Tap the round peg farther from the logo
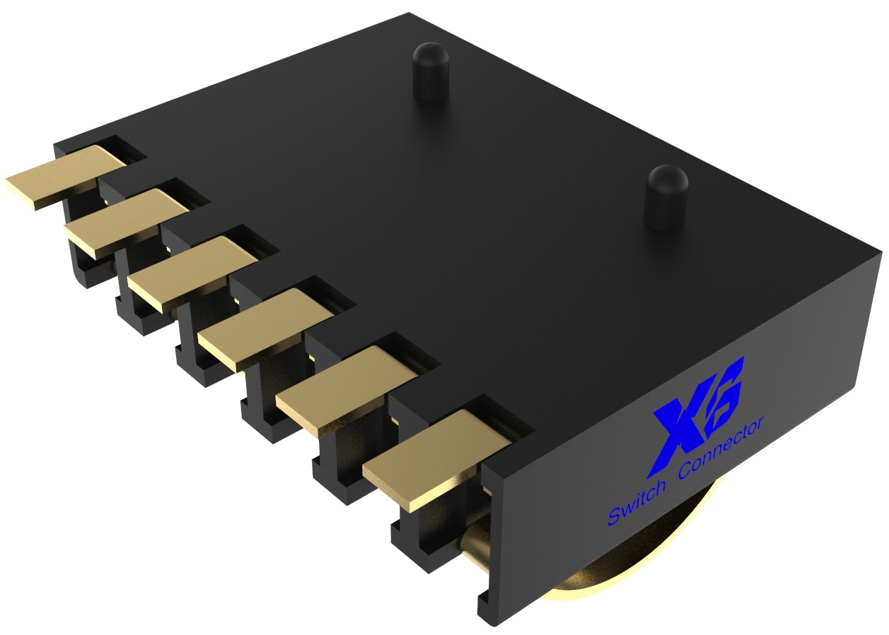pyautogui.click(x=431, y=71)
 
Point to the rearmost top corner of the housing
pyautogui.click(x=409, y=14)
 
